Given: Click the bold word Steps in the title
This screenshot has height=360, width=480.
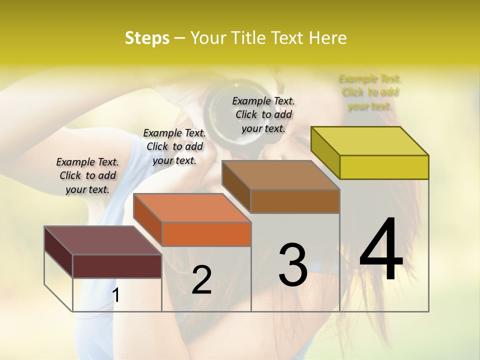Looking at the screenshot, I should pyautogui.click(x=147, y=38).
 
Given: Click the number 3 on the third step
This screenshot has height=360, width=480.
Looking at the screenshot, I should pyautogui.click(x=293, y=265).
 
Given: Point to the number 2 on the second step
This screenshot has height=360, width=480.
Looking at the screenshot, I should pyautogui.click(x=201, y=280).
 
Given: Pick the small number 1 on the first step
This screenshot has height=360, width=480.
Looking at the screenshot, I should pyautogui.click(x=116, y=295).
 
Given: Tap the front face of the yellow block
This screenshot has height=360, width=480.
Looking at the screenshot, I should pyautogui.click(x=384, y=167).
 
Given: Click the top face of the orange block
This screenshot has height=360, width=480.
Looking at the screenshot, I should pyautogui.click(x=192, y=208).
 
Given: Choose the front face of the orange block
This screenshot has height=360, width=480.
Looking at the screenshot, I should pyautogui.click(x=206, y=234).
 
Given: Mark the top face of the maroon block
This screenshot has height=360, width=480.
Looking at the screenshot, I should pyautogui.click(x=102, y=240).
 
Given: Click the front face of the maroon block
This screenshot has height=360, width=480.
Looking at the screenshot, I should pyautogui.click(x=117, y=265).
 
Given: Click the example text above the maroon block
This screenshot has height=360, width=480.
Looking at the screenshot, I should pyautogui.click(x=87, y=175).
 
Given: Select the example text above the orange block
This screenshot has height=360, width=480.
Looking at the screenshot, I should pyautogui.click(x=174, y=146).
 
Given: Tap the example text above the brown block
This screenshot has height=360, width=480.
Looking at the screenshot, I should pyautogui.click(x=263, y=114).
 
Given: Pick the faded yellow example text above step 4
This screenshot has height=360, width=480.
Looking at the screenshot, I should pyautogui.click(x=370, y=92).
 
